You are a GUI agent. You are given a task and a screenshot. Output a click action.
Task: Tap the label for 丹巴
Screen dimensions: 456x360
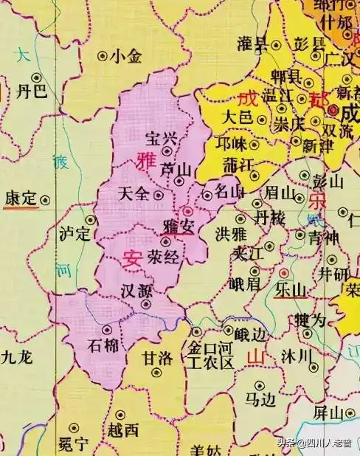(x=30, y=91)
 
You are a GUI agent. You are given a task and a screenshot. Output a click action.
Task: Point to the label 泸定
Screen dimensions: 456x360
(x=75, y=234)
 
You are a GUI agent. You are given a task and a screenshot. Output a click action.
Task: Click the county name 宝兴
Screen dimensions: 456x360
(x=162, y=137)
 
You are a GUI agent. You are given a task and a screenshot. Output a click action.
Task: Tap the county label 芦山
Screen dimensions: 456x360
(x=176, y=170)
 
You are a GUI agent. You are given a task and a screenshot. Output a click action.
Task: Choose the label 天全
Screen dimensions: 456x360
(x=134, y=194)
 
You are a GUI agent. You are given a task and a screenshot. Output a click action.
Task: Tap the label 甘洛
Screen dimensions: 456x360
(x=157, y=358)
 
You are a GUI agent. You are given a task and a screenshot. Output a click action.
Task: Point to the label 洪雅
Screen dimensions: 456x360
(x=230, y=234)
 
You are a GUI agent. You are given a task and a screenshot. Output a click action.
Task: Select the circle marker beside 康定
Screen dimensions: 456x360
(x=46, y=198)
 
